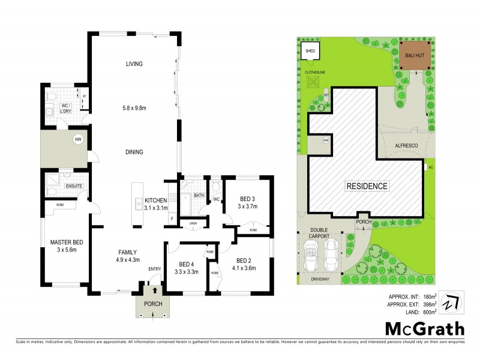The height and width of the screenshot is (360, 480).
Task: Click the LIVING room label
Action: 134,64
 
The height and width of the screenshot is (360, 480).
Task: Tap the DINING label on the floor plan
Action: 134,152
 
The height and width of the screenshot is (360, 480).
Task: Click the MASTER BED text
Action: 66,242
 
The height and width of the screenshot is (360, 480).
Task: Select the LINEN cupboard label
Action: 193,224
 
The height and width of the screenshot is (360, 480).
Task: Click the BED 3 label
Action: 248,199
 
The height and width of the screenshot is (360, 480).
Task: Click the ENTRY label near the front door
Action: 155,268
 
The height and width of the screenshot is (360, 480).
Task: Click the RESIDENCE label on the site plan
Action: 366,186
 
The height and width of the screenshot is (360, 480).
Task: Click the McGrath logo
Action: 424,328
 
